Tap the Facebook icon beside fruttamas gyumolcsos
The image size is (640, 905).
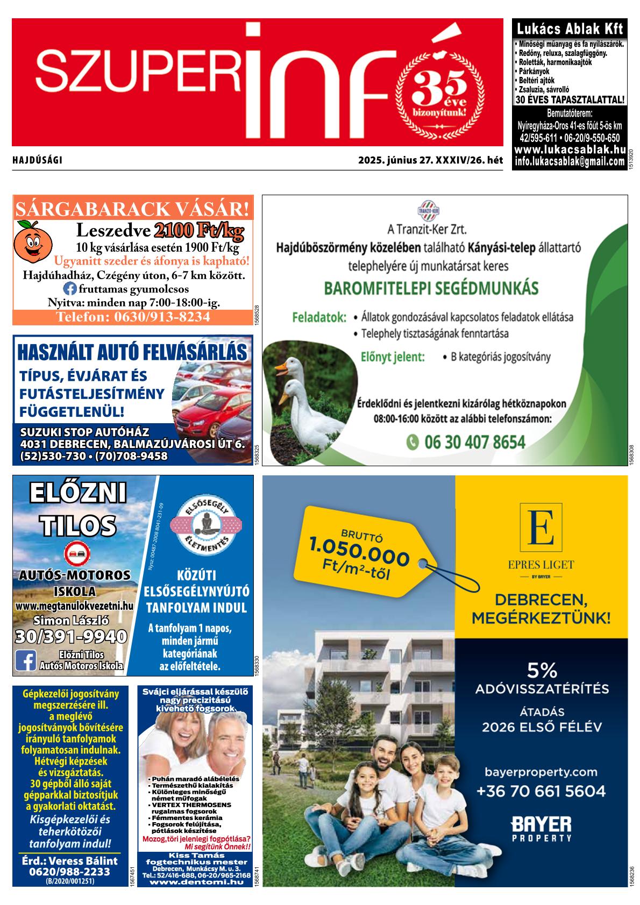70,288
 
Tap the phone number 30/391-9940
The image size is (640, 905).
71,637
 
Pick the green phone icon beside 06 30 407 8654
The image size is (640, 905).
412,442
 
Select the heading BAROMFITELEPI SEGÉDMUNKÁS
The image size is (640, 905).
431,288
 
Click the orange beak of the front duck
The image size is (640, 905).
280,368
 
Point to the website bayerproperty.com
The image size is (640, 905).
541,772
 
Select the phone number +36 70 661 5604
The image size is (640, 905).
541,791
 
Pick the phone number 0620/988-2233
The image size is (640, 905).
70,872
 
